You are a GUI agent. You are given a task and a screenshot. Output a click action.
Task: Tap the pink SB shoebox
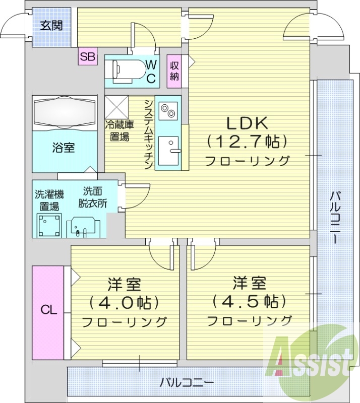click(87, 57)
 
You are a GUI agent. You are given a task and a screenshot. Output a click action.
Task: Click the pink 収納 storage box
click(174, 71)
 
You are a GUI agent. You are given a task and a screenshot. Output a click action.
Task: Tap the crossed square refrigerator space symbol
click(117, 107)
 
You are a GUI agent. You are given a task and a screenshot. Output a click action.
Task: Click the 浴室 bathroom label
click(64, 148)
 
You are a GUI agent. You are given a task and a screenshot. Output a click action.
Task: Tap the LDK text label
click(246, 123)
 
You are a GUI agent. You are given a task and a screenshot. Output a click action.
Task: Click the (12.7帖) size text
click(246, 142)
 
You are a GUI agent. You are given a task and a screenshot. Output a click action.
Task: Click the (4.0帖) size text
click(124, 303)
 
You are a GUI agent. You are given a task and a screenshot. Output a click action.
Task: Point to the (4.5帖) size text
click(249, 301)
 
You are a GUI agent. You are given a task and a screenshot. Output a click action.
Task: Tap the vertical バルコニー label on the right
click(334, 217)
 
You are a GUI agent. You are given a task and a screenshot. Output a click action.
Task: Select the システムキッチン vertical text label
click(148, 133)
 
